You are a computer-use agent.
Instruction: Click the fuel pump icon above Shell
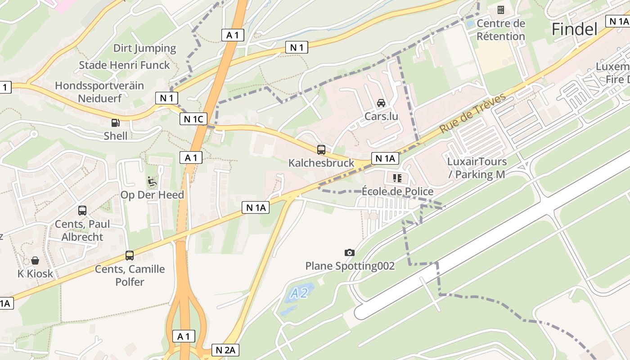pyautogui.click(x=116, y=122)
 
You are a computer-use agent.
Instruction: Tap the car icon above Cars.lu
pyautogui.click(x=381, y=103)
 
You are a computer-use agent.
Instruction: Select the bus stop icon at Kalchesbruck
pyautogui.click(x=321, y=150)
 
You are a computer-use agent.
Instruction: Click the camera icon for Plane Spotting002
pyautogui.click(x=349, y=253)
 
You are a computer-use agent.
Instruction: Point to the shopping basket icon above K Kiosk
pyautogui.click(x=35, y=261)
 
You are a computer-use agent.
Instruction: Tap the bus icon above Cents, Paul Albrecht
pyautogui.click(x=82, y=210)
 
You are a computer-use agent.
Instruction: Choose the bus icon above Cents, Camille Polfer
pyautogui.click(x=130, y=256)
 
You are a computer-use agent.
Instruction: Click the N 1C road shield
pyautogui.click(x=194, y=119)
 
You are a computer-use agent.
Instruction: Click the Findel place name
pyautogui.click(x=574, y=30)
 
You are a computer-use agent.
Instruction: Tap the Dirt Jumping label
pyautogui.click(x=144, y=48)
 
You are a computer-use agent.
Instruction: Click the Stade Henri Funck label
pyautogui.click(x=124, y=65)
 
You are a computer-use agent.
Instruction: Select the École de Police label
pyautogui.click(x=397, y=192)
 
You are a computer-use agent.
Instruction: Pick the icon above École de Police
pyautogui.click(x=397, y=178)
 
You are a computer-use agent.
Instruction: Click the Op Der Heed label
pyautogui.click(x=152, y=195)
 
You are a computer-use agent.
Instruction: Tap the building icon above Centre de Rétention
pyautogui.click(x=500, y=10)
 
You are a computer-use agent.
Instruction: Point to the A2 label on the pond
pyautogui.click(x=298, y=294)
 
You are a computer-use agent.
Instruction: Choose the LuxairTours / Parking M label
pyautogui.click(x=477, y=168)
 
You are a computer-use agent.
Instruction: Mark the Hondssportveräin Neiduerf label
pyautogui.click(x=99, y=92)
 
